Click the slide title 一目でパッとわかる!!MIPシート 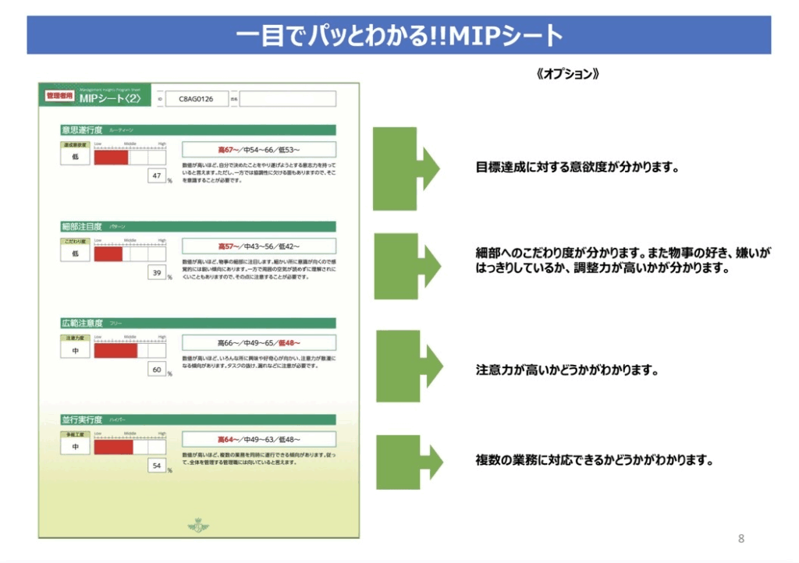pos(399,36)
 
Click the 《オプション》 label pos(568,75)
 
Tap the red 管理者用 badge pos(59,97)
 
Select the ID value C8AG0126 pos(196,99)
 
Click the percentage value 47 pos(157,176)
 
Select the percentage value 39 pos(157,273)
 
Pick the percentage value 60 pos(157,370)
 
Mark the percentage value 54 pos(157,466)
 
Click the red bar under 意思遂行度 pos(111,157)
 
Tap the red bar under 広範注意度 pos(115,350)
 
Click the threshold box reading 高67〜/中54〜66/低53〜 pos(258,150)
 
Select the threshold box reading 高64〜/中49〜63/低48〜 pos(258,439)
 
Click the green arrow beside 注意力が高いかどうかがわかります pos(409,366)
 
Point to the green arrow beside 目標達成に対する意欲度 pos(405,168)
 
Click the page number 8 pos(740,539)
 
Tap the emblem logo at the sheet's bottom pos(198,526)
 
